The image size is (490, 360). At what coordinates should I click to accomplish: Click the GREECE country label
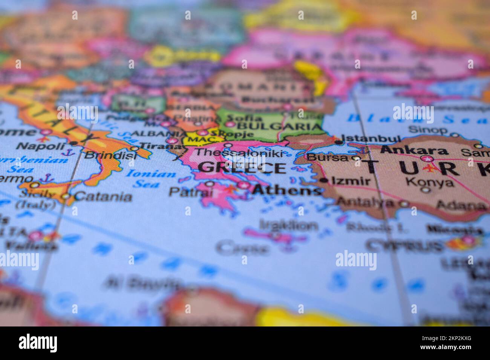[x=242, y=168]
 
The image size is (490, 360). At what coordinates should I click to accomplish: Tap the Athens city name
[x=287, y=191]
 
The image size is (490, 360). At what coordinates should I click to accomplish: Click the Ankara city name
[x=414, y=150]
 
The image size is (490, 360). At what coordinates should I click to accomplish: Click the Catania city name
[x=103, y=196]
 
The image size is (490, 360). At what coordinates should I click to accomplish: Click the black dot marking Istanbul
[x=340, y=142]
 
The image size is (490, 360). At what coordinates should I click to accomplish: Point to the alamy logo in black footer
[x=38, y=343]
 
